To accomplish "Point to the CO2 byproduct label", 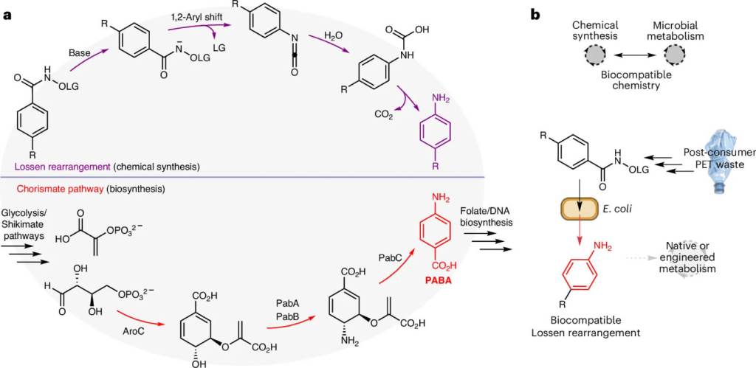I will [x=383, y=114].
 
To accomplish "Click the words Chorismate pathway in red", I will [x=51, y=188].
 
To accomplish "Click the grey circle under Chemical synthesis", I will [x=595, y=55].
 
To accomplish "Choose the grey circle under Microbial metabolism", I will [x=676, y=55].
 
